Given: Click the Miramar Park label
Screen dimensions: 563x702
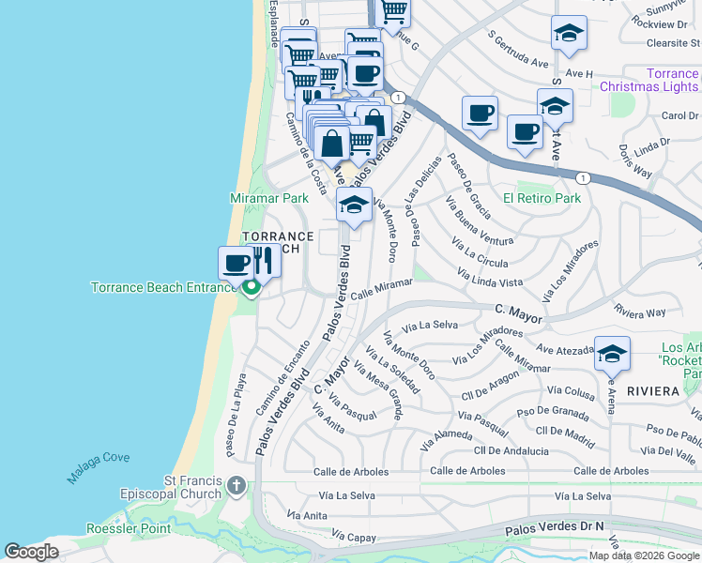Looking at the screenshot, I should coord(269,199).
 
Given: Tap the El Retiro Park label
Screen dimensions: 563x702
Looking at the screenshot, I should coord(542,198).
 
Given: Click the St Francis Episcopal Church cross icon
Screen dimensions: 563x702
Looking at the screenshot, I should coord(236,487).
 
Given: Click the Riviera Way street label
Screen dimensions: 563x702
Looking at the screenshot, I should coord(640,312).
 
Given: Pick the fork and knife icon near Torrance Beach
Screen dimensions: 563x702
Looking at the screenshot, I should coord(263,262).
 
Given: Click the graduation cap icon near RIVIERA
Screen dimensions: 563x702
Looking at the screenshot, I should coord(612,354).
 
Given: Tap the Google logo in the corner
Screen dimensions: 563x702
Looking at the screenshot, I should coord(31,552).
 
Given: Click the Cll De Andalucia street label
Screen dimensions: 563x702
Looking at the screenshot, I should coord(511,451).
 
